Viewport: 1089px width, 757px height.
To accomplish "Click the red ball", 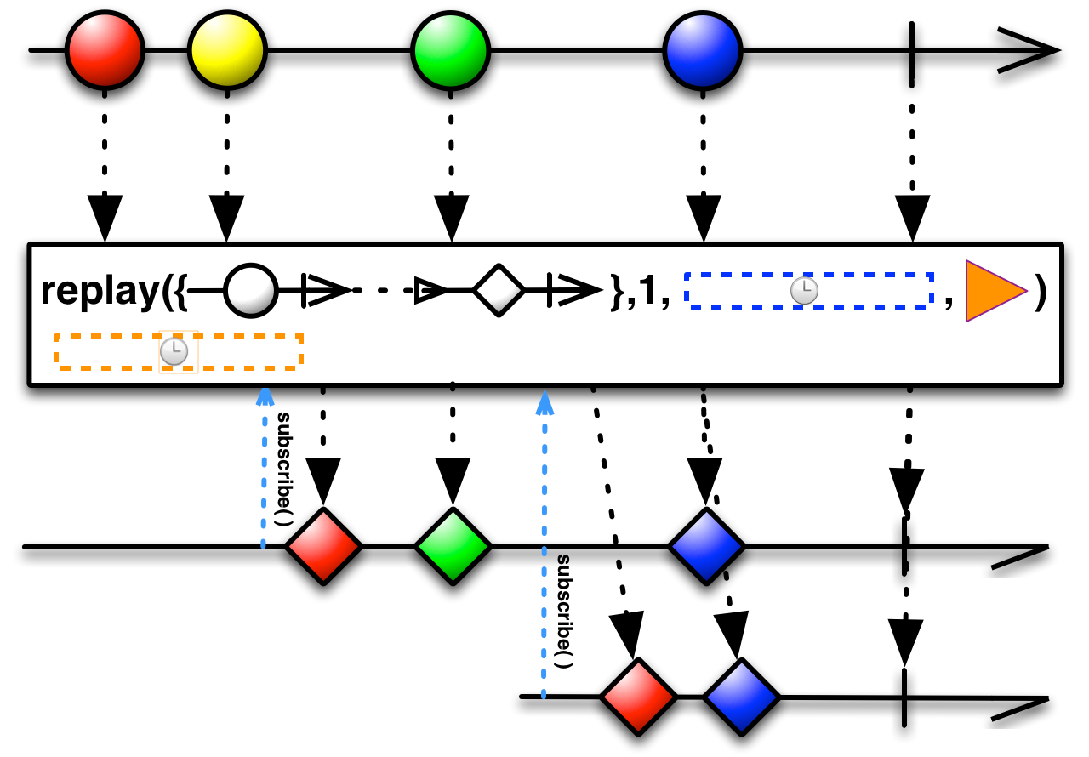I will pos(105,50).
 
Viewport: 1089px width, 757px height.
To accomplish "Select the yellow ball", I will pos(227,50).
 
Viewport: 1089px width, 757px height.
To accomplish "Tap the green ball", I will pos(450,51).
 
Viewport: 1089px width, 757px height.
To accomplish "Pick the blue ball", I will pos(702,51).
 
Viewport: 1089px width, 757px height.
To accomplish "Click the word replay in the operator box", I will pos(100,291).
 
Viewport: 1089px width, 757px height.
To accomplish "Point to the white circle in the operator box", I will pos(251,291).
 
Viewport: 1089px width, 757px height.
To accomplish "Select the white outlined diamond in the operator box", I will pos(499,291).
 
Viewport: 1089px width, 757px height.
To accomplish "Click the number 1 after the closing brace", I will pos(647,292).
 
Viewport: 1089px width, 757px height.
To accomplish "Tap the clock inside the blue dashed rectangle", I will pos(804,291).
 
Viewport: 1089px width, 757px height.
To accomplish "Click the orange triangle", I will pos(991,291).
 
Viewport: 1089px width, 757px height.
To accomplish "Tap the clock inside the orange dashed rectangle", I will pos(174,351).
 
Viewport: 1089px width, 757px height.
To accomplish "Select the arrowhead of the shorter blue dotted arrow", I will pos(265,396).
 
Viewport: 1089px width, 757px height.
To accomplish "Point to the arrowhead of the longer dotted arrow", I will pos(544,401).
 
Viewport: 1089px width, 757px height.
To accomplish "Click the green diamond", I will pos(453,546).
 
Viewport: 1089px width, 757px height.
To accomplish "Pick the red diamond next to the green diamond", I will pos(323,546).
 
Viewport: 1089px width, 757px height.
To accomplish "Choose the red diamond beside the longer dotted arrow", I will pos(638,697).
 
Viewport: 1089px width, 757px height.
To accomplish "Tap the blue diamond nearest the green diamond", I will pos(706,546).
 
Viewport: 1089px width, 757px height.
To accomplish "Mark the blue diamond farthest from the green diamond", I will pos(741,697).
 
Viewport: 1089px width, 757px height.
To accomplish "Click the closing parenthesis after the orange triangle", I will pos(1041,291).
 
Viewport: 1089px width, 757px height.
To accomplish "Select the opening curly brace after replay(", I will pos(179,292).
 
